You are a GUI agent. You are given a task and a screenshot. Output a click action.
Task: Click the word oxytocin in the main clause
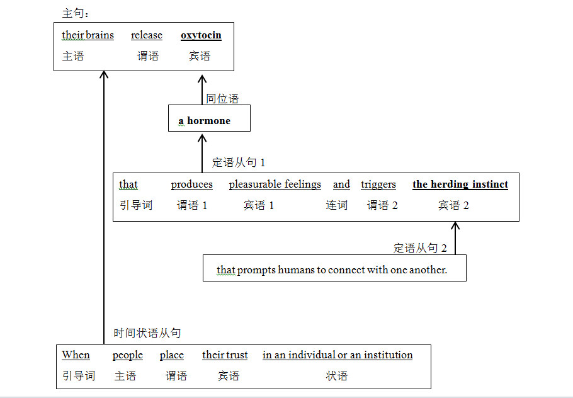pyautogui.click(x=201, y=35)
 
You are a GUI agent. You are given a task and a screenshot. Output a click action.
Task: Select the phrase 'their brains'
pyautogui.click(x=88, y=35)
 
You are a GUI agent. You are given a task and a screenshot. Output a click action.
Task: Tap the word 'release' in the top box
pyautogui.click(x=147, y=35)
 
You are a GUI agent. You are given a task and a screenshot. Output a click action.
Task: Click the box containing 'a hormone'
pyautogui.click(x=208, y=119)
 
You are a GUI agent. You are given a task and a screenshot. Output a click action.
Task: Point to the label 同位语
pyautogui.click(x=222, y=99)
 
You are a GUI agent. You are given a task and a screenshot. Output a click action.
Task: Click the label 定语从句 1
pyautogui.click(x=238, y=162)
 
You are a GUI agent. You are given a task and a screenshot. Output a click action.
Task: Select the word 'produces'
pyautogui.click(x=191, y=185)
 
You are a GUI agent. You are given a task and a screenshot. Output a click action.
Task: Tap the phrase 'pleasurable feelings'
pyautogui.click(x=275, y=185)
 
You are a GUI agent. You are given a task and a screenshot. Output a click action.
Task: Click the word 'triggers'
pyautogui.click(x=378, y=185)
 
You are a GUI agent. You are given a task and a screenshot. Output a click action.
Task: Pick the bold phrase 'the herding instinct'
pyautogui.click(x=460, y=185)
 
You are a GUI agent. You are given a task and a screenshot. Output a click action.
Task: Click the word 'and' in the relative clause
pyautogui.click(x=341, y=185)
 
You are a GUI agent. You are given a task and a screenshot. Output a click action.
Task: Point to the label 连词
pyautogui.click(x=336, y=205)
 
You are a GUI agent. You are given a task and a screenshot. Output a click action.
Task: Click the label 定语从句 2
pyautogui.click(x=420, y=248)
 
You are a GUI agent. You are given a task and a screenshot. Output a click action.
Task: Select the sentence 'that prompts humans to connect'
pyautogui.click(x=332, y=270)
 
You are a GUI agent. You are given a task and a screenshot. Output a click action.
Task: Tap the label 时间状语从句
pyautogui.click(x=147, y=333)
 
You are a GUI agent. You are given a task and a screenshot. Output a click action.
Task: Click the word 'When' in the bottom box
pyautogui.click(x=76, y=355)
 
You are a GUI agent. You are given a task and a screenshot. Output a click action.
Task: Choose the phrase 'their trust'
pyautogui.click(x=225, y=355)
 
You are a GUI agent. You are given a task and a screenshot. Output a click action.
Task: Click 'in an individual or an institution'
pyautogui.click(x=338, y=355)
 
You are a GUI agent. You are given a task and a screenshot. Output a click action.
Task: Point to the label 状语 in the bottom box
pyautogui.click(x=336, y=376)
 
